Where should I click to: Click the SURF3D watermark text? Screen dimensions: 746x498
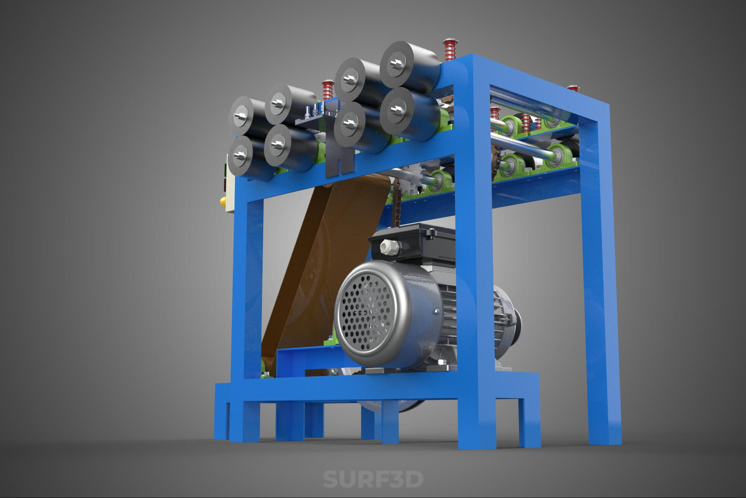pos(373,479)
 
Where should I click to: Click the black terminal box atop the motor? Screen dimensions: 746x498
pos(412,241)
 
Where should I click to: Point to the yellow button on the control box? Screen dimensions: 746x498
pos(223,201)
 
